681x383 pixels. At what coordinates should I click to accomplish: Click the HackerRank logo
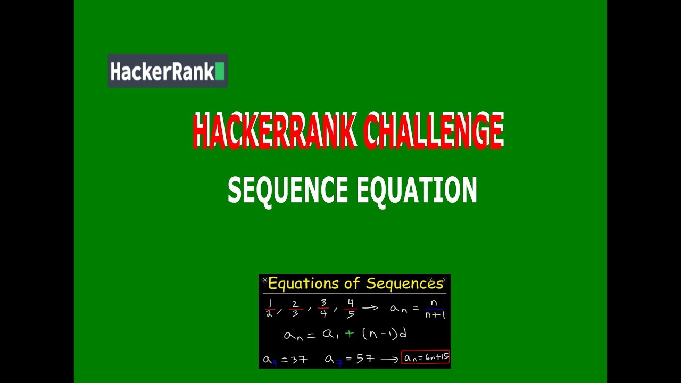(x=168, y=71)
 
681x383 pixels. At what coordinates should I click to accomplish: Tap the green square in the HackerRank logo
(x=220, y=71)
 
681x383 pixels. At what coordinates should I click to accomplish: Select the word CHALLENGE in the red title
(x=434, y=131)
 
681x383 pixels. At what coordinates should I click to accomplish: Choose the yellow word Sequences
(x=404, y=284)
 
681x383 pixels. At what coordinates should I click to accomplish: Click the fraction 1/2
(x=269, y=309)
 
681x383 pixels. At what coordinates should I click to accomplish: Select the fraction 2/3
(x=296, y=309)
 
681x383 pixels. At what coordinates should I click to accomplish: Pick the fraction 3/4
(x=323, y=309)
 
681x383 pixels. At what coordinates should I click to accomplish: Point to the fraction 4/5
(x=350, y=309)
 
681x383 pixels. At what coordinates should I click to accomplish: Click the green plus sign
(x=349, y=334)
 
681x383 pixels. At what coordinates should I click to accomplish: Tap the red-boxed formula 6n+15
(x=426, y=358)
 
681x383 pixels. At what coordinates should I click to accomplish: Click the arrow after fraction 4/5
(x=370, y=308)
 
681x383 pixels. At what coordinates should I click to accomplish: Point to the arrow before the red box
(x=389, y=360)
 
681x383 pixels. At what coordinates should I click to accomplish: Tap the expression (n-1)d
(x=384, y=334)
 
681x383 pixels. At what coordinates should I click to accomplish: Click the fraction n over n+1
(x=435, y=309)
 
